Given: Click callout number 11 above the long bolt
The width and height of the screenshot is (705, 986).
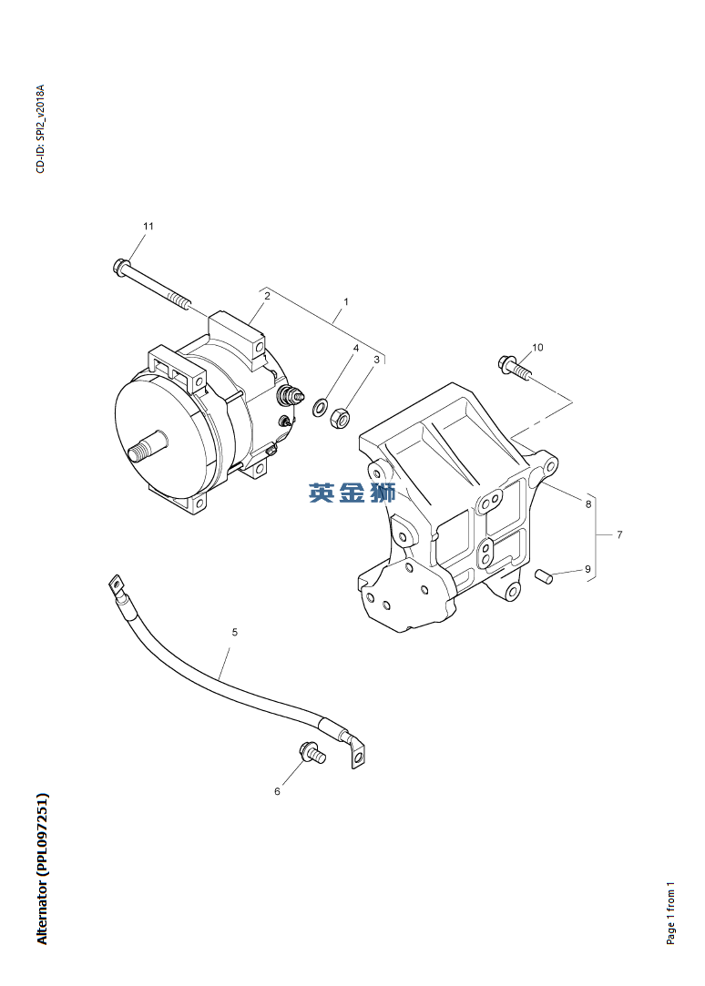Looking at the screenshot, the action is (148, 226).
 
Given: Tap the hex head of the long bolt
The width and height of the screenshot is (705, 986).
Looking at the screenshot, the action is (121, 266).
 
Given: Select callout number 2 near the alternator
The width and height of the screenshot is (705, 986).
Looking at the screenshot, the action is (267, 296).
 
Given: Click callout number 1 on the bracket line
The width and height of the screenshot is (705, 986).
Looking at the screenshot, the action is (346, 302).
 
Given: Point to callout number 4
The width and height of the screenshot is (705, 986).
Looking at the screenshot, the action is (356, 348).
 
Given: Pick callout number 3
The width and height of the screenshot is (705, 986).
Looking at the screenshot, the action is (377, 360).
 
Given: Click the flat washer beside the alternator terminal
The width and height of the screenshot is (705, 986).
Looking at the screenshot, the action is (320, 407).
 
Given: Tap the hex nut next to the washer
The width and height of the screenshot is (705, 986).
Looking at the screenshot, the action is (341, 418).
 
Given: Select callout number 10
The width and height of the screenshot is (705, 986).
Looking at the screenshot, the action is (537, 347).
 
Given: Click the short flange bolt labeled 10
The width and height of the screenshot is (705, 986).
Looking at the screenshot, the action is (515, 367).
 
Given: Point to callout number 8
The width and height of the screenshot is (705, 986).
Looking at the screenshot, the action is (588, 503).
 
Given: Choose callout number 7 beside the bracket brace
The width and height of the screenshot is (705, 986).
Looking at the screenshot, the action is (619, 534).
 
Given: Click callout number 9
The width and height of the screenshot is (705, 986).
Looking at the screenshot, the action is (588, 569).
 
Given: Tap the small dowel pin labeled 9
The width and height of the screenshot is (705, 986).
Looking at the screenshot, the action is (544, 575).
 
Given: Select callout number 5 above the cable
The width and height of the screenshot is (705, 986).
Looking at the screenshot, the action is (235, 632).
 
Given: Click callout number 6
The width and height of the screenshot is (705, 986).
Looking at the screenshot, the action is (277, 791).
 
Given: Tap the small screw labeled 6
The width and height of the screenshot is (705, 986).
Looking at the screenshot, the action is (312, 752).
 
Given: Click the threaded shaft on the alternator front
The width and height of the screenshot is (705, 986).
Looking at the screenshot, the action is (147, 446).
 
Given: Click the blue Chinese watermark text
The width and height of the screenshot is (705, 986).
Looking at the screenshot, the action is (352, 493).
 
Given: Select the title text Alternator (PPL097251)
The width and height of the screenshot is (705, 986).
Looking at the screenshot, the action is (42, 869).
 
